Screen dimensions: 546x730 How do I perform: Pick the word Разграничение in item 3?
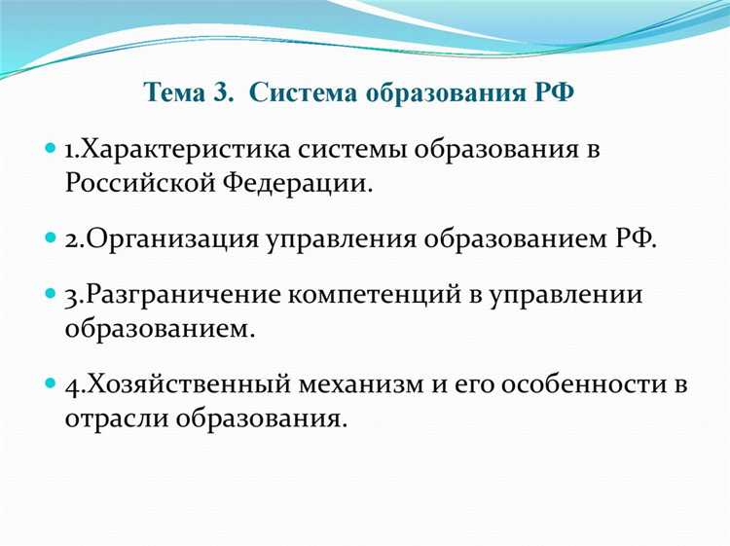pyautogui.click(x=175, y=295)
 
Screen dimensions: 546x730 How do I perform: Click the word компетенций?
pyautogui.click(x=383, y=295)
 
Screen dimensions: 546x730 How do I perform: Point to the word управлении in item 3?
pyautogui.click(x=575, y=295)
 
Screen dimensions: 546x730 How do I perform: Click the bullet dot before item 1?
pyautogui.click(x=52, y=151)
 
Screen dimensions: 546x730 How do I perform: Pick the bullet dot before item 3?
pyautogui.click(x=52, y=295)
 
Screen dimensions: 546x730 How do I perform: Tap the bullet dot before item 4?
pyautogui.click(x=52, y=383)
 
